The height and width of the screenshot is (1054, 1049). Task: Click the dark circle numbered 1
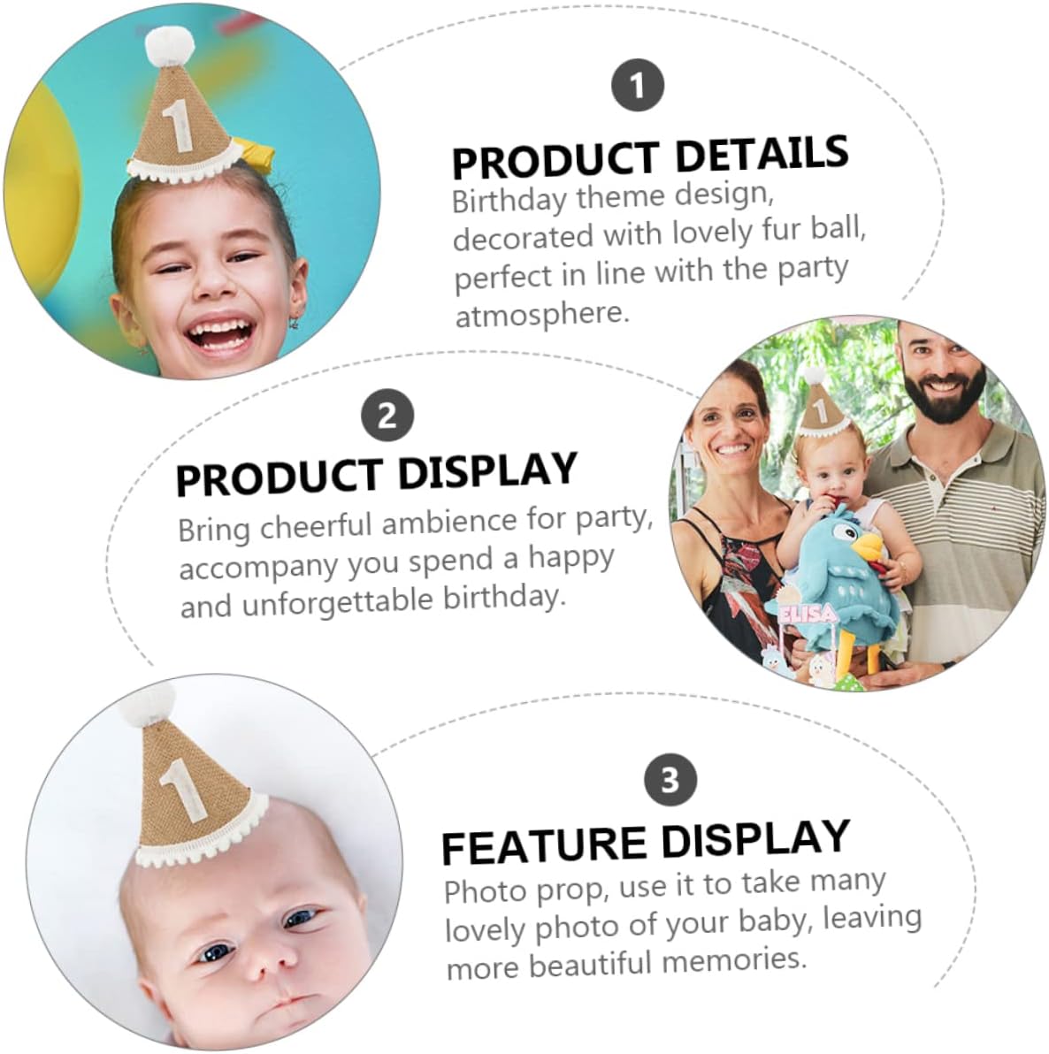[x=638, y=86]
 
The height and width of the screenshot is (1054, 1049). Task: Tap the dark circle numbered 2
[x=387, y=416]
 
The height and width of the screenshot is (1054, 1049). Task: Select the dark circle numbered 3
[x=670, y=780]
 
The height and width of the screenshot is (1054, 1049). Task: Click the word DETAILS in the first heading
[x=762, y=154]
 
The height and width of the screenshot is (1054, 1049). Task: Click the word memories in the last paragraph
[x=733, y=960]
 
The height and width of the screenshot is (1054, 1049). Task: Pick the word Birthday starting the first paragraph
[x=509, y=200]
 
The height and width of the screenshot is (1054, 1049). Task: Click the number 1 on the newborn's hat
[x=181, y=793]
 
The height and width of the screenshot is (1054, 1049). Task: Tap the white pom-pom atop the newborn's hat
[x=147, y=703]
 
